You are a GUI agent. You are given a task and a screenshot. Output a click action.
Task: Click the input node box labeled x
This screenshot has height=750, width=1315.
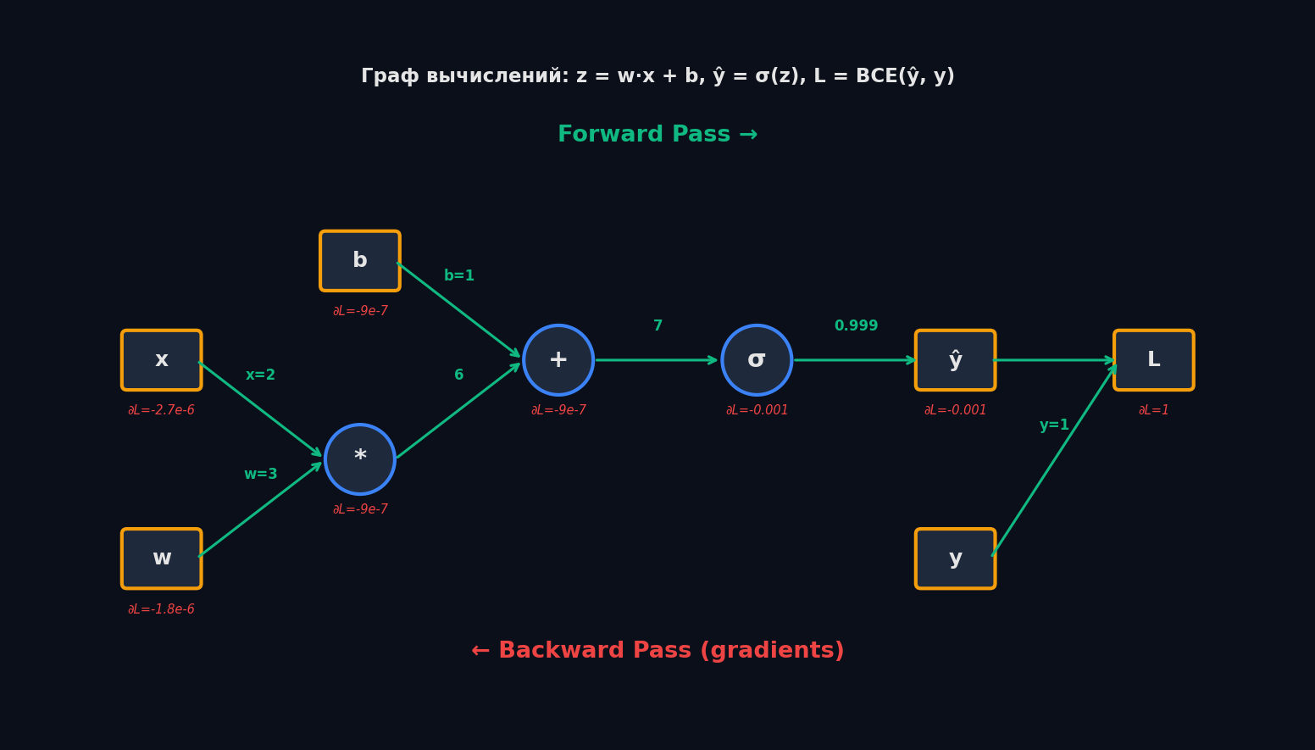[x=162, y=360]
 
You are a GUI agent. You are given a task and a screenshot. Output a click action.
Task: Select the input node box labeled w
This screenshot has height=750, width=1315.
[x=162, y=558]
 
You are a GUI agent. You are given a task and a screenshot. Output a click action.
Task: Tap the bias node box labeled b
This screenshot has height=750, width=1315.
[x=360, y=261]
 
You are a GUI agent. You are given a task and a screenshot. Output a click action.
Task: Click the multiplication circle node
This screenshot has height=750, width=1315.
[x=360, y=459]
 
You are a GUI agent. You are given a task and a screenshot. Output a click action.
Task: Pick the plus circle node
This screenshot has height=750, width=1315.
[x=558, y=360]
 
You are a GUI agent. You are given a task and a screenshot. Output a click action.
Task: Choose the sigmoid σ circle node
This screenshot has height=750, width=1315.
[x=757, y=360]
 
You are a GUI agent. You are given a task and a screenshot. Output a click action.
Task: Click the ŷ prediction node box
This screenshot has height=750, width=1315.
[x=955, y=360]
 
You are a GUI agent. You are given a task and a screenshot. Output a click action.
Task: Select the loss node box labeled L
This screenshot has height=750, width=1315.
[x=1153, y=360]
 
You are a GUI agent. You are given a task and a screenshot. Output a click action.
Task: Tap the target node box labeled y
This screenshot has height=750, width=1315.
[x=955, y=558]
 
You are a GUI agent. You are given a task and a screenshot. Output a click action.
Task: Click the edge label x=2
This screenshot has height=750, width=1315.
[x=260, y=375]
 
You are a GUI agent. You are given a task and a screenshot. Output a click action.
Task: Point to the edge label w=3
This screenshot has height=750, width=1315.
[x=260, y=475]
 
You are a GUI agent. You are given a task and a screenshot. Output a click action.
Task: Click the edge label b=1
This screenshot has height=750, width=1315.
[x=459, y=276]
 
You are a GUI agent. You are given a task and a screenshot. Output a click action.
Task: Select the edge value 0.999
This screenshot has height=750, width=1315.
[x=856, y=326]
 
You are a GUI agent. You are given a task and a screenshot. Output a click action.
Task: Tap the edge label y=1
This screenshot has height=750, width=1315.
[x=1054, y=425]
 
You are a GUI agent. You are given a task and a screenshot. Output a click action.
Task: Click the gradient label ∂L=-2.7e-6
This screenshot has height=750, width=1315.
[x=162, y=411]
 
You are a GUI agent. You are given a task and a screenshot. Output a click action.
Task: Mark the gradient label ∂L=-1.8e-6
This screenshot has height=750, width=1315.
[x=162, y=610]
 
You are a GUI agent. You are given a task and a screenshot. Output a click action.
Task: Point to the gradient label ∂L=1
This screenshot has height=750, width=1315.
[x=1153, y=411]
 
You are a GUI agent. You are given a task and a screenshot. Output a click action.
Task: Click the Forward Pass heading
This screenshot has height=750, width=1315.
[x=657, y=135]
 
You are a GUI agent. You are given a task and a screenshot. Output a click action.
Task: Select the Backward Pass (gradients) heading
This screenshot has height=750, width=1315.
[x=657, y=651]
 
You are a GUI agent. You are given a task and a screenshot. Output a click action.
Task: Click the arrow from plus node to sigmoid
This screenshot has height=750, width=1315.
[x=657, y=360]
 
